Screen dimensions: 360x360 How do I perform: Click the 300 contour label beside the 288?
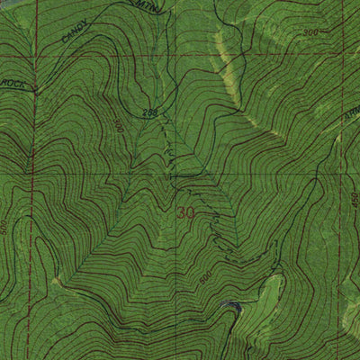point(118,127)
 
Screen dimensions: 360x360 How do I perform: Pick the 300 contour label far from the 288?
point(311,32)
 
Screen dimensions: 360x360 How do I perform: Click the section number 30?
point(186,214)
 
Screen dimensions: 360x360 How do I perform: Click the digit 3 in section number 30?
point(182,214)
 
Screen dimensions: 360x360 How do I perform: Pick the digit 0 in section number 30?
point(191,214)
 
